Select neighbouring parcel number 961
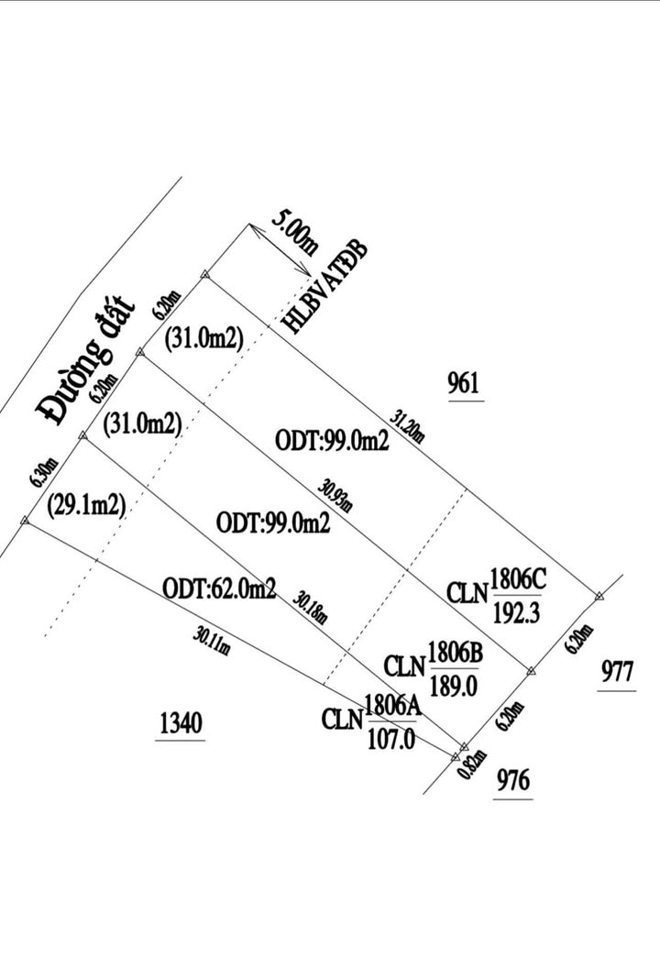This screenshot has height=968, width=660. click(x=464, y=383)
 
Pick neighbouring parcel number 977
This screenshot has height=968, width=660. click(x=618, y=672)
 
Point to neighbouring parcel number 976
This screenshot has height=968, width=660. click(x=512, y=781)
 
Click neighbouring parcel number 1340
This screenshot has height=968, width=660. click(x=180, y=723)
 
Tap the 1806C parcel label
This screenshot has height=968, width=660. click(x=518, y=579)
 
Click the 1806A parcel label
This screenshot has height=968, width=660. click(x=392, y=705)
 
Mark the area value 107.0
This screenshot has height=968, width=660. click(x=392, y=736)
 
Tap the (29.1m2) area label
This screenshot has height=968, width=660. click(x=84, y=505)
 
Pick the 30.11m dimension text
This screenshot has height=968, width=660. click(x=212, y=640)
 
